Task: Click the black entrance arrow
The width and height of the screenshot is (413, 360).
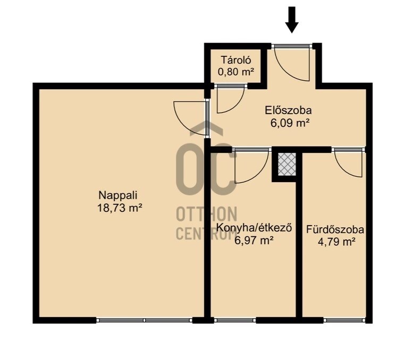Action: (292, 20)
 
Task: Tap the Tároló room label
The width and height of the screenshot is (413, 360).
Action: (236, 60)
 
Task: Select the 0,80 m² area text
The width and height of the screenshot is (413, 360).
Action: (236, 72)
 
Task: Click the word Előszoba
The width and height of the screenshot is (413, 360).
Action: (288, 110)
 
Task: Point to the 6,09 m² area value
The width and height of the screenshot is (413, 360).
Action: (290, 123)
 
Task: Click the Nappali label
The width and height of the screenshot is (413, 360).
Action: (118, 195)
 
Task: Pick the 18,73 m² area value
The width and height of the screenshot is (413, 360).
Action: (120, 208)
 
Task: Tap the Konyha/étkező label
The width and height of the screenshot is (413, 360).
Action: (254, 228)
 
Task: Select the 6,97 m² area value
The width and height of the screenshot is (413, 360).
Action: (254, 240)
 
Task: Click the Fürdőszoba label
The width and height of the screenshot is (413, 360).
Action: (335, 229)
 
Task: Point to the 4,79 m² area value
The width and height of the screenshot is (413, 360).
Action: (337, 242)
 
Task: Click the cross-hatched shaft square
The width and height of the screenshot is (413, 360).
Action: (287, 165)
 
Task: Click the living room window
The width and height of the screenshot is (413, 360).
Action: (145, 320)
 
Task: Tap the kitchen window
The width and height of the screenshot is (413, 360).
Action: (235, 320)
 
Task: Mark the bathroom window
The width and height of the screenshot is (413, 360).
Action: (344, 320)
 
